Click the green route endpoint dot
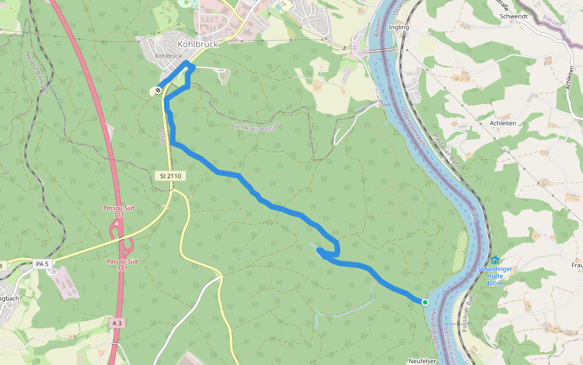click(424, 302)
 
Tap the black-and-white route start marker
click(158, 90)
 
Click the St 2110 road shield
click(171, 176)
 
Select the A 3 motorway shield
click(117, 324)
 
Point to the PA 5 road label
click(41, 263)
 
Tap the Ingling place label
click(398, 27)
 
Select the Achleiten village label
click(502, 122)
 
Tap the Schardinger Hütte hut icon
click(495, 260)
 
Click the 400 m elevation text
click(495, 283)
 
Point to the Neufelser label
click(423, 361)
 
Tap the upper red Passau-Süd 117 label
click(119, 211)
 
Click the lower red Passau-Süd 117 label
click(122, 265)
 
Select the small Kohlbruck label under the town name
click(169, 56)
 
